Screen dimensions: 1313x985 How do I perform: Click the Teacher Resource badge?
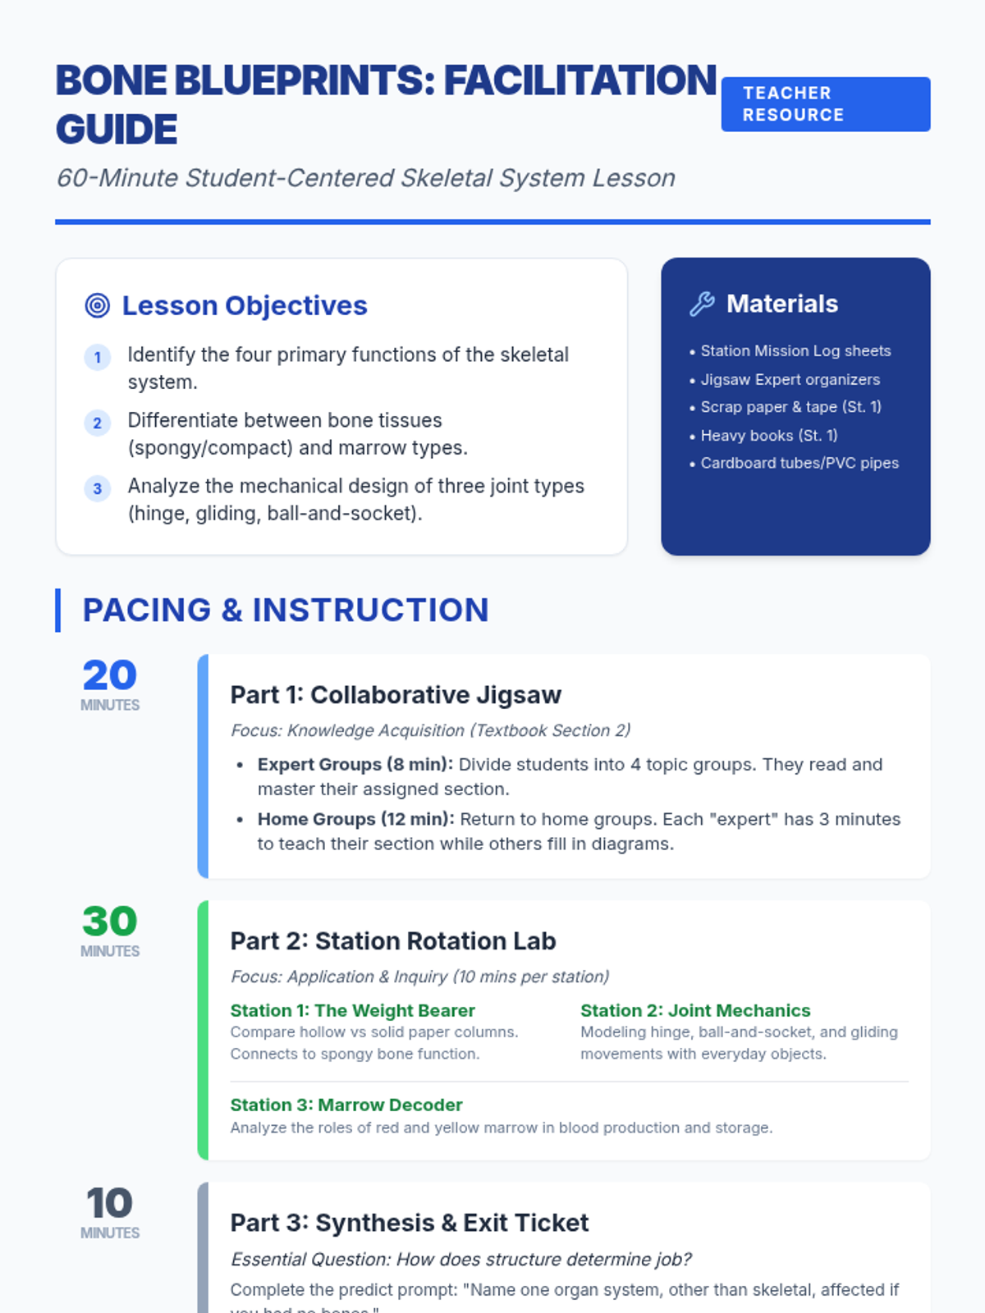tap(825, 104)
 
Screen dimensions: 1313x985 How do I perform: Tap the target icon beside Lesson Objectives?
tap(98, 305)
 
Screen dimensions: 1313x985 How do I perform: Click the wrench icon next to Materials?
tap(702, 304)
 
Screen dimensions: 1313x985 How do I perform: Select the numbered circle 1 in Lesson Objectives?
tap(98, 357)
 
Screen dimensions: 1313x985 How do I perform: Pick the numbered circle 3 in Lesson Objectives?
tap(98, 489)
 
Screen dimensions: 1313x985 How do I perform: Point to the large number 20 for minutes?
tap(109, 675)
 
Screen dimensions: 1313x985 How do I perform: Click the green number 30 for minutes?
tap(109, 921)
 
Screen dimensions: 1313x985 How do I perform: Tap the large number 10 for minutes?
tap(109, 1203)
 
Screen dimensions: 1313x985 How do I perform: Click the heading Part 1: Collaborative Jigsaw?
tap(396, 695)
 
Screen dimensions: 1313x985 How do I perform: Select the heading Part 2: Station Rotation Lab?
tap(393, 941)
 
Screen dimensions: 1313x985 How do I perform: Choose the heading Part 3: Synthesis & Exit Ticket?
tap(410, 1223)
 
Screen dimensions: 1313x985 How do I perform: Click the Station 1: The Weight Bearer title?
tap(353, 1010)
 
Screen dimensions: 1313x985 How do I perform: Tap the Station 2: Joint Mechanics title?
tap(695, 1010)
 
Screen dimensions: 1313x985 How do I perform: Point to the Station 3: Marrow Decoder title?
tap(346, 1105)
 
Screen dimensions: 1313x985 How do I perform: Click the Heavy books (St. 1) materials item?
tap(768, 436)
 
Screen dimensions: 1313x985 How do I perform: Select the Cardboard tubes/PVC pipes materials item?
tap(799, 463)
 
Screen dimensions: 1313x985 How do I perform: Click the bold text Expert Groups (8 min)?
tap(355, 764)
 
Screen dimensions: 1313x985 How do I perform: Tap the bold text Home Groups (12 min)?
tap(355, 819)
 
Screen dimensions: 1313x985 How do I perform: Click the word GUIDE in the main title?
tap(117, 130)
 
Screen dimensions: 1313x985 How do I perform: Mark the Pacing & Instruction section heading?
tap(286, 610)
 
